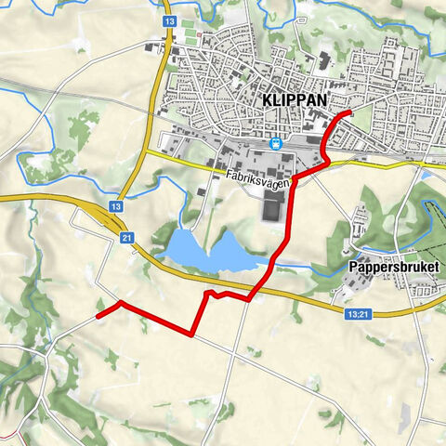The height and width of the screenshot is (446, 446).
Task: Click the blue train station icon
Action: point(276,143)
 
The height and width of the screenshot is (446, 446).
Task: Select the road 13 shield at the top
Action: point(168,19)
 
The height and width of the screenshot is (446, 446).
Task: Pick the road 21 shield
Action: point(125,239)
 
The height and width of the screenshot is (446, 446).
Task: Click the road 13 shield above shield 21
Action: point(115,206)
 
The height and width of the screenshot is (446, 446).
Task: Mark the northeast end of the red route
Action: point(349,112)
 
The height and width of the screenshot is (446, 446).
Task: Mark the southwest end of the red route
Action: point(98,317)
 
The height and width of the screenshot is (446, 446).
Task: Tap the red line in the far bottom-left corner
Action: point(7,435)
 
